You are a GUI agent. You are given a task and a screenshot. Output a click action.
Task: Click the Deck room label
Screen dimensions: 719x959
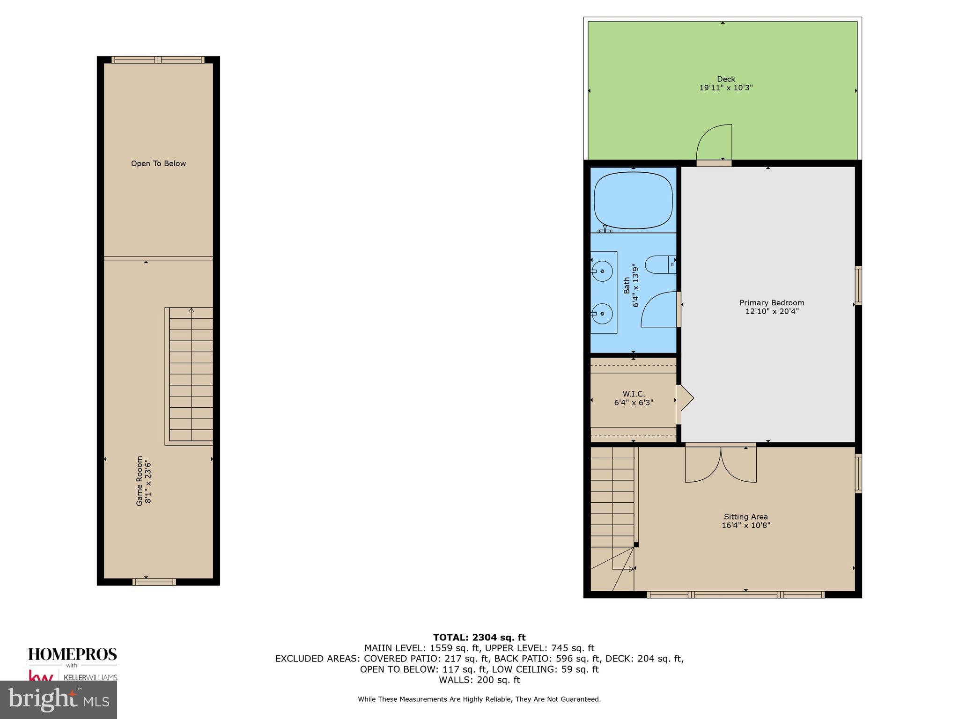pyautogui.click(x=726, y=79)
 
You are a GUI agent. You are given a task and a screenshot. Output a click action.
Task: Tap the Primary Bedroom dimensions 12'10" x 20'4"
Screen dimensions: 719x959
pyautogui.click(x=772, y=311)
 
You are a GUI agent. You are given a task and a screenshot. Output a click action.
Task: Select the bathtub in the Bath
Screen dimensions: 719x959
pyautogui.click(x=633, y=200)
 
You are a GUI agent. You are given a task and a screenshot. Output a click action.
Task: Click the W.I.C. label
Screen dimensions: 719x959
pyautogui.click(x=634, y=394)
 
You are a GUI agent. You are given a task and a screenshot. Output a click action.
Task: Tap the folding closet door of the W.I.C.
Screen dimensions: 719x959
pyautogui.click(x=686, y=398)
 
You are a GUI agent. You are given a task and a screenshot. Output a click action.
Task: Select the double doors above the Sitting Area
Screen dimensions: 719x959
pyautogui.click(x=721, y=464)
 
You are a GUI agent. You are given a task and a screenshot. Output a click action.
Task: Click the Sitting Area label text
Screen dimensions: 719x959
pyautogui.click(x=745, y=517)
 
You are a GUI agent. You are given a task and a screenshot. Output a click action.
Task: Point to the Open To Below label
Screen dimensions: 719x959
pyautogui.click(x=158, y=163)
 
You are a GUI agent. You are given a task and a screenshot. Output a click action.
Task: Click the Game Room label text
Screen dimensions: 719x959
pyautogui.click(x=140, y=481)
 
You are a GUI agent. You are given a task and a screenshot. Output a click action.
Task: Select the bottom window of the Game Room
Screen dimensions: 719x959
pyautogui.click(x=154, y=582)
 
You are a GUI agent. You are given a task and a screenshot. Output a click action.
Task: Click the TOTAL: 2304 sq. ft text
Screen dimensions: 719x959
pyautogui.click(x=479, y=637)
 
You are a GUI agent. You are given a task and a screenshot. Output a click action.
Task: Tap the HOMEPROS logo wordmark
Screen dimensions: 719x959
pyautogui.click(x=73, y=654)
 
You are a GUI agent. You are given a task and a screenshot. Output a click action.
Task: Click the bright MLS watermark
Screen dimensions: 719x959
pyautogui.click(x=59, y=699)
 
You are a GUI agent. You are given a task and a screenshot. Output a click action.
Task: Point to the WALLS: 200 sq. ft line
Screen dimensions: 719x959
pyautogui.click(x=479, y=680)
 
